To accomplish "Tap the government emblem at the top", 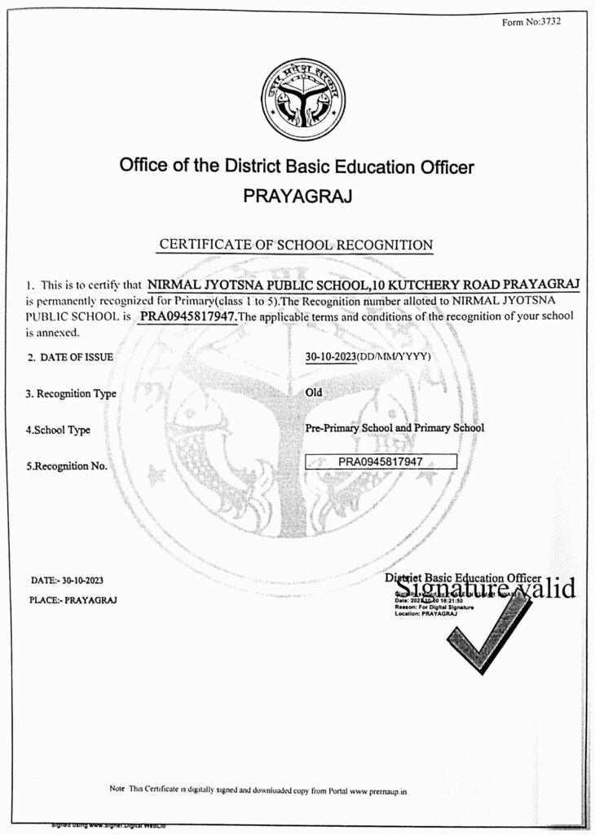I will point(297,100).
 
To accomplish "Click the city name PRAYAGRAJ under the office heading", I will point(297,197).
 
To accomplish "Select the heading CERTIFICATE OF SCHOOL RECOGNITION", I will point(296,245).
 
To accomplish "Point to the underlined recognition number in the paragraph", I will point(187,316).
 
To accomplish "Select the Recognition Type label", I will point(71,394).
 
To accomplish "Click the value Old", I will point(314,392).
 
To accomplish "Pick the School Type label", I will point(58,430).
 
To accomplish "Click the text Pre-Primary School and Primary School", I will point(394,428).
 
